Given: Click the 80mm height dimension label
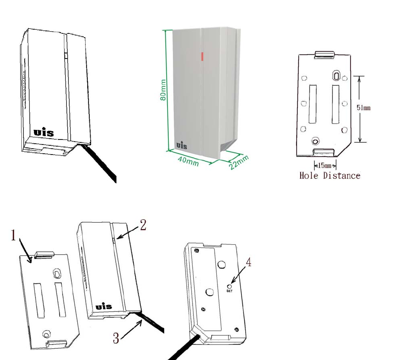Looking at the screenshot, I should click(164, 90).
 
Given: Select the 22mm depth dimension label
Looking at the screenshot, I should click(239, 162).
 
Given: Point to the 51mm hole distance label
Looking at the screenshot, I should click(363, 108).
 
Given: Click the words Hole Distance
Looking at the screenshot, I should click(330, 175).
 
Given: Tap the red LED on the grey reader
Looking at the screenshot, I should click(202, 56).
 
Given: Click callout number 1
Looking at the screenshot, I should click(14, 236).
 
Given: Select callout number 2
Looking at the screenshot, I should click(143, 226).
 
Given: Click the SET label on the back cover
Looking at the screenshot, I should click(229, 291).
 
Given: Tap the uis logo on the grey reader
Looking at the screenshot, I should click(182, 145).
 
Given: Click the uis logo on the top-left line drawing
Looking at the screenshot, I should click(44, 133).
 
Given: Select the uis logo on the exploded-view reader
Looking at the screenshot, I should click(104, 307).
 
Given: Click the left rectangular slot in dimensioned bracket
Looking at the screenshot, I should click(312, 104).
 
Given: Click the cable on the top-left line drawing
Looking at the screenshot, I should click(102, 165).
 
